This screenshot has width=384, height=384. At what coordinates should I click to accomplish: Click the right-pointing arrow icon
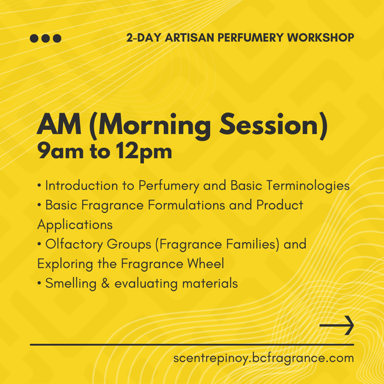coord(337,325)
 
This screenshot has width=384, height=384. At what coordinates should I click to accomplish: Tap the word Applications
coord(75,225)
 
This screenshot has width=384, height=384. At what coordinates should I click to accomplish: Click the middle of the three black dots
coord(46,38)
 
